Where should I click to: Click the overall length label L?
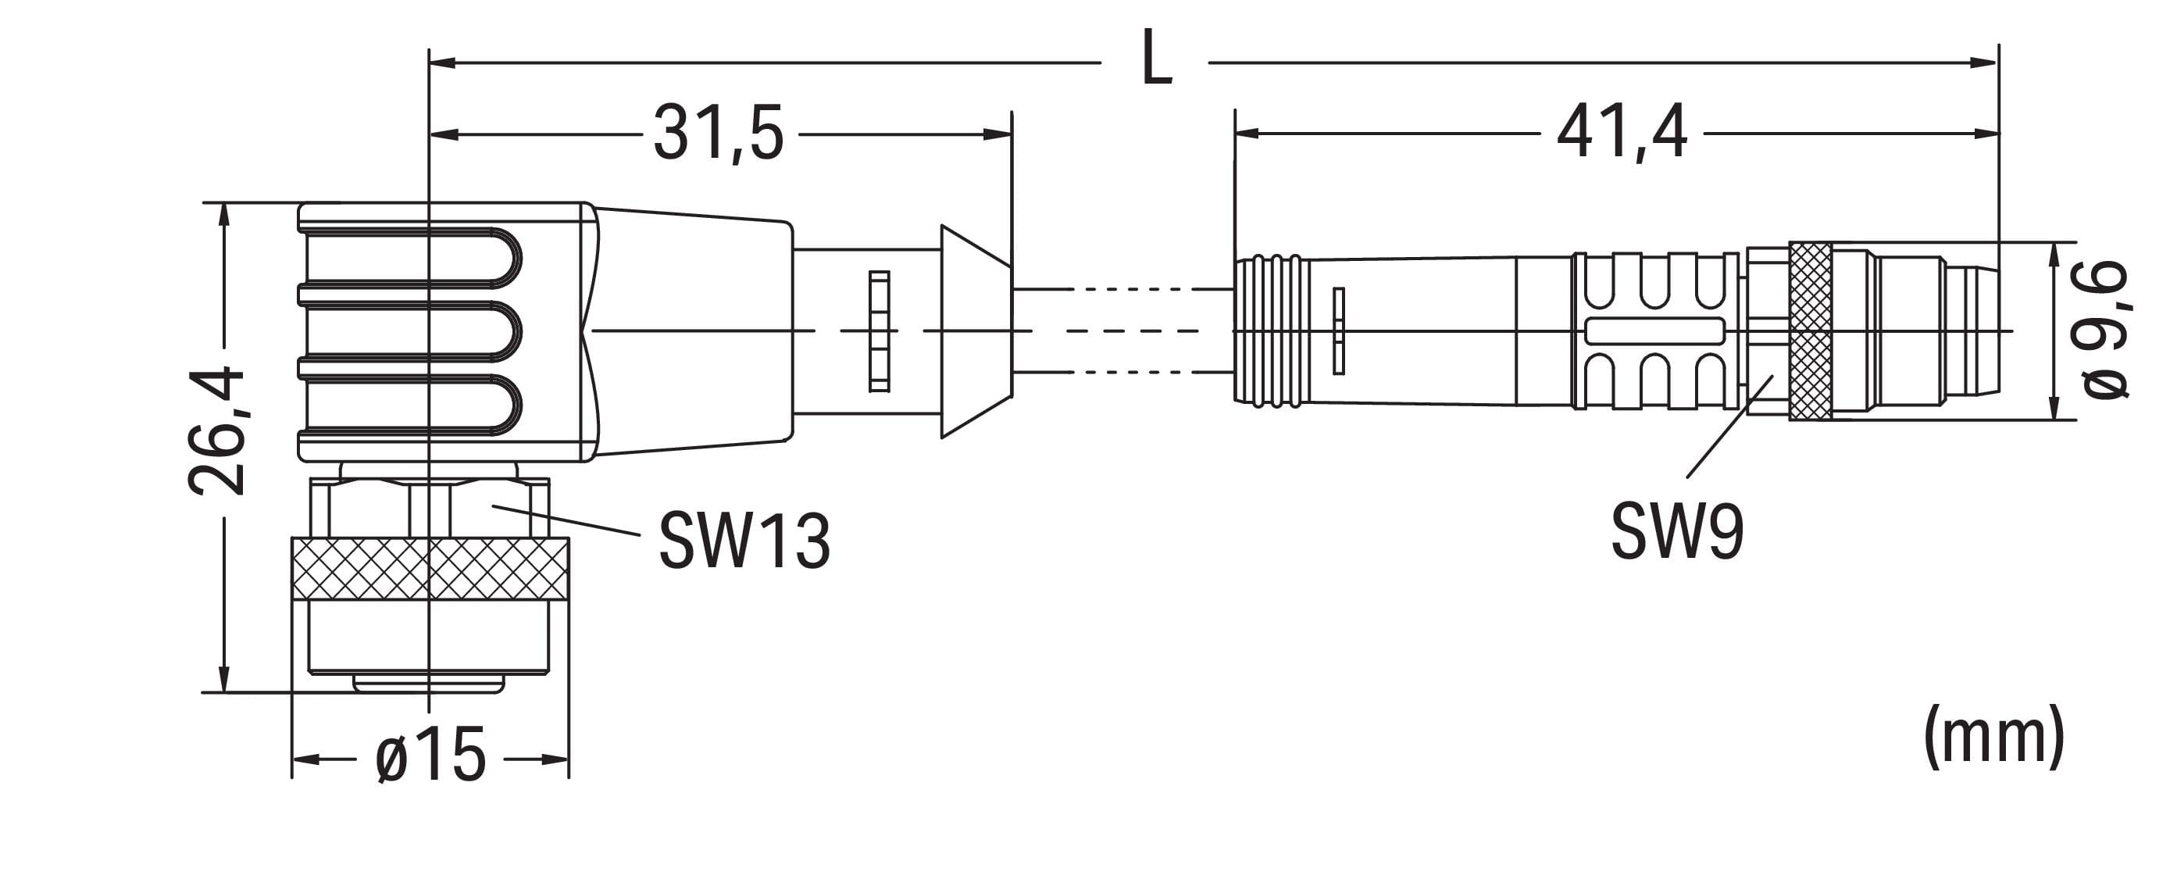coord(1156,59)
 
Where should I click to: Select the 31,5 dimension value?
coord(719,134)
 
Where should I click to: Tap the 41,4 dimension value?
coord(1622,134)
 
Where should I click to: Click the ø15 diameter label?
coord(430,755)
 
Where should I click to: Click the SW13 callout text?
coord(744,539)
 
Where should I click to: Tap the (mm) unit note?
coord(1993,738)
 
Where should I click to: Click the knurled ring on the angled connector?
coord(430,568)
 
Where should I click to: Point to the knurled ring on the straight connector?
coord(1810,330)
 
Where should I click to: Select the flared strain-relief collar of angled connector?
coord(976,331)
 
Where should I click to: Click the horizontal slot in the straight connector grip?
coord(1642,331)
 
